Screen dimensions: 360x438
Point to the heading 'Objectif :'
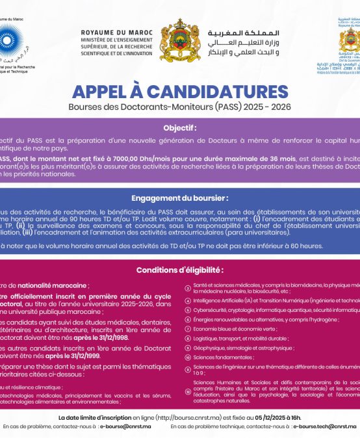[x=179, y=128]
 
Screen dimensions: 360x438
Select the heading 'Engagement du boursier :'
[x=179, y=198]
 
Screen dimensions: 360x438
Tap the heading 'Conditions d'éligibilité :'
[x=179, y=270]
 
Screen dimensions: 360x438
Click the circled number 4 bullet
[x=188, y=301]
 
